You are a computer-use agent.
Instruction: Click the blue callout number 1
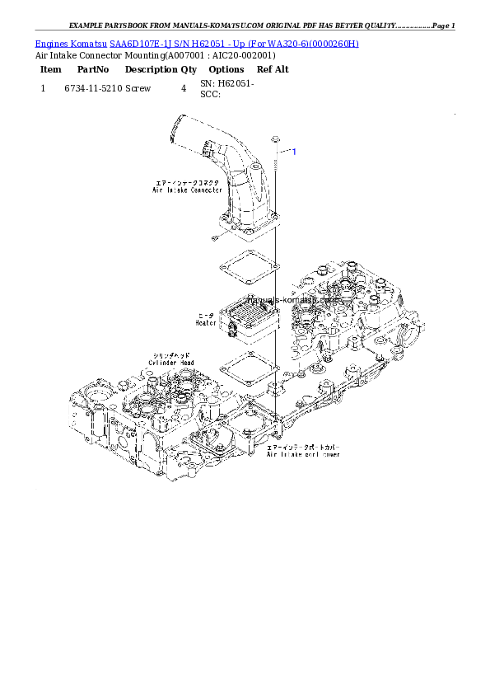[x=294, y=152]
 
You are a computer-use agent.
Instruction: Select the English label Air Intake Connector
[x=187, y=190]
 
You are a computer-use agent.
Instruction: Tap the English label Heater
[x=206, y=323]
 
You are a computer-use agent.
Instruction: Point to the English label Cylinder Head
[x=171, y=362]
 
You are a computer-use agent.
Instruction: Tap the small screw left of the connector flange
[x=212, y=238]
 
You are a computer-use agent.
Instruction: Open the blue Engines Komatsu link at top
[x=197, y=43]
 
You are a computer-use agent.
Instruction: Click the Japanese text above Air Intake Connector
[x=189, y=182]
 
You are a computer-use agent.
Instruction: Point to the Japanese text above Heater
[x=207, y=315]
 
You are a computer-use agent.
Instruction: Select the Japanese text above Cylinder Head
[x=171, y=354]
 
